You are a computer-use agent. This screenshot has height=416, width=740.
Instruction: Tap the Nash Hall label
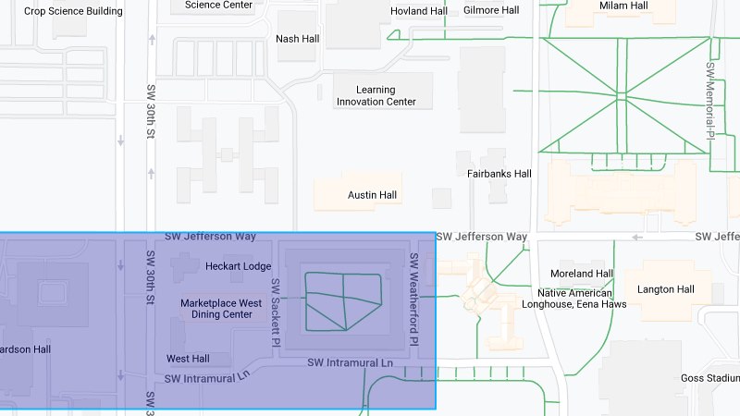[x=298, y=39]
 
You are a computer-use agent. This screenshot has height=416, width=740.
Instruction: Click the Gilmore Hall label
[x=491, y=10]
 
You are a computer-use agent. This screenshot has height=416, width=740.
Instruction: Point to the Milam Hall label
[x=623, y=6]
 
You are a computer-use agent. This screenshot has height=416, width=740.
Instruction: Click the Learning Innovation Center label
[x=376, y=95]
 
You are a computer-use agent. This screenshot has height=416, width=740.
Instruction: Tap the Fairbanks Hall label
[x=499, y=173]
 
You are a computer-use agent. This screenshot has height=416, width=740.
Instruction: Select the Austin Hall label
[x=372, y=195]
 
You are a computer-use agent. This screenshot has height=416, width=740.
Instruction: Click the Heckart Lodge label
[x=238, y=266]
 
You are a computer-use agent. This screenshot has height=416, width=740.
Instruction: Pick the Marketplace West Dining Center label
[x=221, y=308]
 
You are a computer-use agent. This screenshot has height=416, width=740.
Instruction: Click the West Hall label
[x=188, y=358]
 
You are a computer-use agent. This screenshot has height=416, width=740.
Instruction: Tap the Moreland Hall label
[x=581, y=274]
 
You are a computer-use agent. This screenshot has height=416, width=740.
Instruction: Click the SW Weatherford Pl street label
[x=414, y=298]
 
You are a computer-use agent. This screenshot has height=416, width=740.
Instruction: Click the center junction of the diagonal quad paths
[x=622, y=96]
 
